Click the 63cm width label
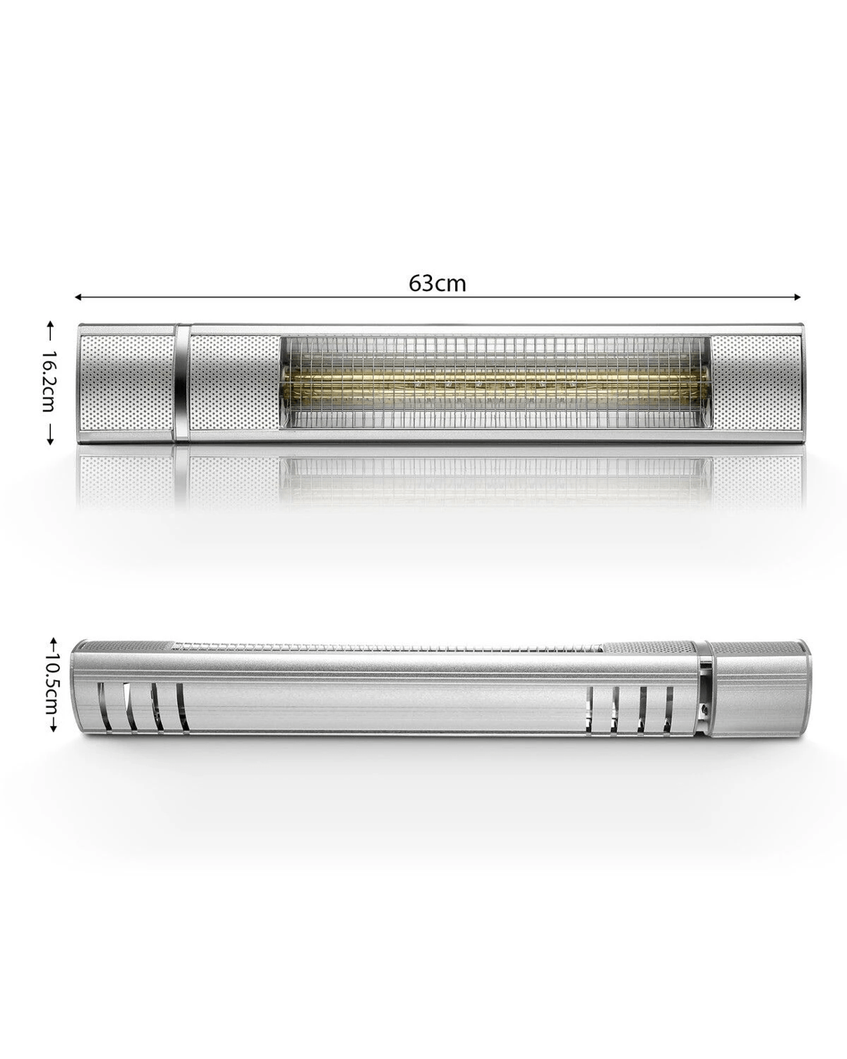(x=437, y=283)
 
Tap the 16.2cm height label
(x=49, y=382)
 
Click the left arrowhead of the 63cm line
(x=78, y=297)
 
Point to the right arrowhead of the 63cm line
(x=797, y=297)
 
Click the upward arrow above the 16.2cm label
(x=49, y=330)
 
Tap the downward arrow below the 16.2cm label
(x=49, y=435)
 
